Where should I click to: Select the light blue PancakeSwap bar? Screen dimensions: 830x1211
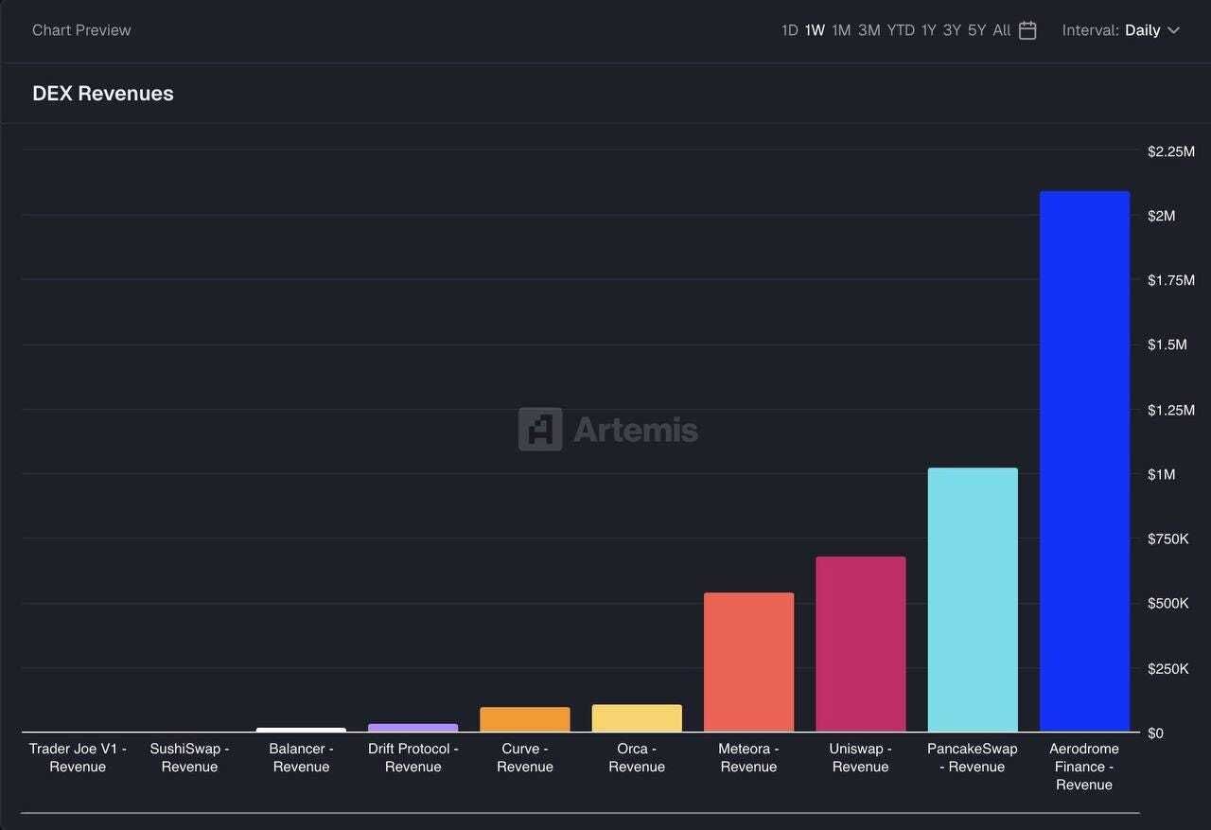pyautogui.click(x=973, y=600)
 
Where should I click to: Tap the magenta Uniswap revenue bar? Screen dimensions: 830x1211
pyautogui.click(x=861, y=645)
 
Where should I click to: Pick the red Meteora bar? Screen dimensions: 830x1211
pyautogui.click(x=748, y=662)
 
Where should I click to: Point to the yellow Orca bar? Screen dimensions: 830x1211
pyautogui.click(x=637, y=718)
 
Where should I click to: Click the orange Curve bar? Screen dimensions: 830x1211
pyautogui.click(x=525, y=719)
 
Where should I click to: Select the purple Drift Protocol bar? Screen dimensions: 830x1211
pyautogui.click(x=412, y=728)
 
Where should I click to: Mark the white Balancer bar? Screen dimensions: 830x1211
pyautogui.click(x=301, y=730)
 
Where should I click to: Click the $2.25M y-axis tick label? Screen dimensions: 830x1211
pyautogui.click(x=1170, y=151)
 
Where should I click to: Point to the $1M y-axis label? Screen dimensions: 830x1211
pyautogui.click(x=1162, y=474)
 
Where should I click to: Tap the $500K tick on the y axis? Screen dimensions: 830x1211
pyautogui.click(x=1167, y=603)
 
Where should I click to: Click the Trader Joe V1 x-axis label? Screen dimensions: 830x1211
pyautogui.click(x=78, y=757)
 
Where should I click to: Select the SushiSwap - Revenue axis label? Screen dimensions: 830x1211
pyautogui.click(x=189, y=757)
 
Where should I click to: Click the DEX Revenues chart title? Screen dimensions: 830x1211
pyautogui.click(x=103, y=94)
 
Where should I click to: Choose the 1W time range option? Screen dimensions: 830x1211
pyautogui.click(x=815, y=30)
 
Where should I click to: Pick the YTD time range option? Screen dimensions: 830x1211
pyautogui.click(x=901, y=30)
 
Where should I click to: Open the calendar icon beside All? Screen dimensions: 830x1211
pyautogui.click(x=1027, y=30)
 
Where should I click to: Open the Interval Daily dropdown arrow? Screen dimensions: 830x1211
pyautogui.click(x=1174, y=30)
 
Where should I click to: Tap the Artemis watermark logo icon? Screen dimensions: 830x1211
pyautogui.click(x=540, y=430)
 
